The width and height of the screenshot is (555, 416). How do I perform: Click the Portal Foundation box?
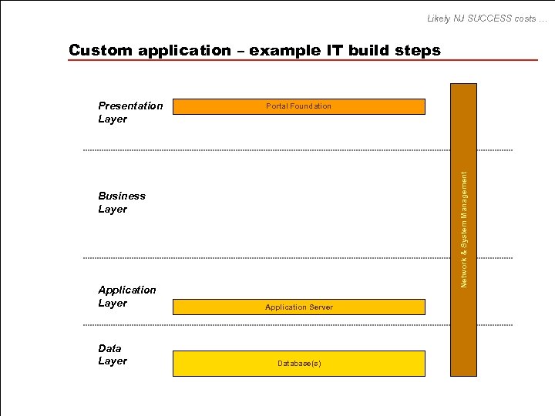[298, 106]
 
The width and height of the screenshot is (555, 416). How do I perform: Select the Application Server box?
[298, 307]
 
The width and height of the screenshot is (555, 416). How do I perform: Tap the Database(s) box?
[298, 363]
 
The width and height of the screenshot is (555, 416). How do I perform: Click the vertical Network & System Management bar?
[464, 231]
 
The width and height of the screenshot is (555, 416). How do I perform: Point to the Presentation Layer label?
[130, 112]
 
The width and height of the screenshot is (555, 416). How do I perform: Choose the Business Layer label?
[122, 203]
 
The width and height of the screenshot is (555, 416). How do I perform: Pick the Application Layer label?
[127, 297]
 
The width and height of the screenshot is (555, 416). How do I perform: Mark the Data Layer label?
[113, 354]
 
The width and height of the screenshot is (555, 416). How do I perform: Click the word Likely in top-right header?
[441, 18]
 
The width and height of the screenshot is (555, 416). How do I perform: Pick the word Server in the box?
[321, 307]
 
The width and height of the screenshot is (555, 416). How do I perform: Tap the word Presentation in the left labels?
[130, 106]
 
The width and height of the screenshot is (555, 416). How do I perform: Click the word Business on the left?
[122, 196]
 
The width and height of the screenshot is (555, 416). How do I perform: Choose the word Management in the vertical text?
[464, 200]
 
